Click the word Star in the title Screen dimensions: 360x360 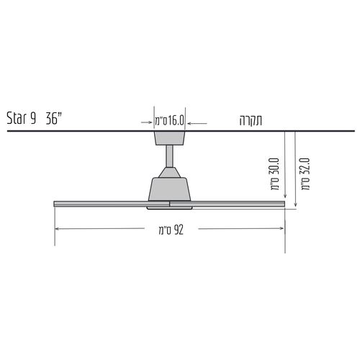coord(17,118)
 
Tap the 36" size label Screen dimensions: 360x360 coord(54,117)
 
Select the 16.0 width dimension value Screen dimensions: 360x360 coord(176,120)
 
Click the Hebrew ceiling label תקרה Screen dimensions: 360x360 coord(251,120)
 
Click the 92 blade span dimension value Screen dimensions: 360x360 coord(179,230)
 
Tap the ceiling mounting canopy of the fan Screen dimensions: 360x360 coord(170,138)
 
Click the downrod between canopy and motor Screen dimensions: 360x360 coord(169,156)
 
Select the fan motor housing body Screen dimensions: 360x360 coord(169,189)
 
